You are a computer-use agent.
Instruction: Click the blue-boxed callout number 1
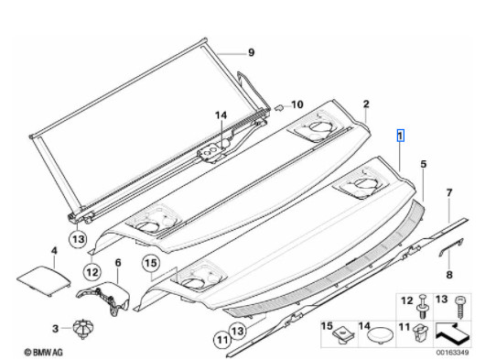click(401, 136)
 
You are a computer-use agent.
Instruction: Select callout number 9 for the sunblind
click(251, 52)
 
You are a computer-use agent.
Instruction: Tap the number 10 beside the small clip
click(297, 104)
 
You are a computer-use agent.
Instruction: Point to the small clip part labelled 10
click(279, 108)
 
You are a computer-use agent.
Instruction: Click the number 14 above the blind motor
click(221, 115)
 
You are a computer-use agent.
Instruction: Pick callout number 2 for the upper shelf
click(366, 104)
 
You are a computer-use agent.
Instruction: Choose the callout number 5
click(423, 164)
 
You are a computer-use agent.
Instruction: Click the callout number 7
click(449, 192)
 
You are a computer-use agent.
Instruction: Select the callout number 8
click(449, 275)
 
